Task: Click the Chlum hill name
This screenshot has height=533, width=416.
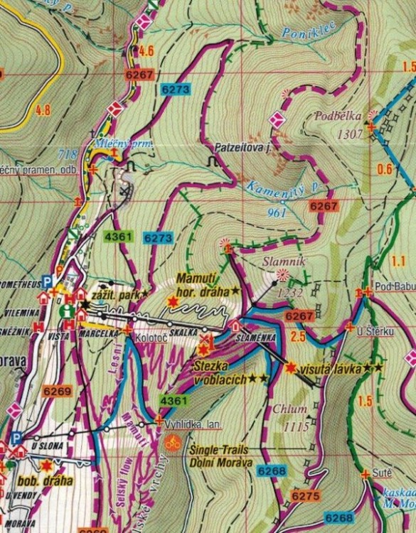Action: coord(293,409)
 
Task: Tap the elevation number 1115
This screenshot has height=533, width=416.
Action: coord(295,426)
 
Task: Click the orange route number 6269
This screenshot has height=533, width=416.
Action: coord(57,391)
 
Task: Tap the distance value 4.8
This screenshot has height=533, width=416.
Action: coord(43,110)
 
